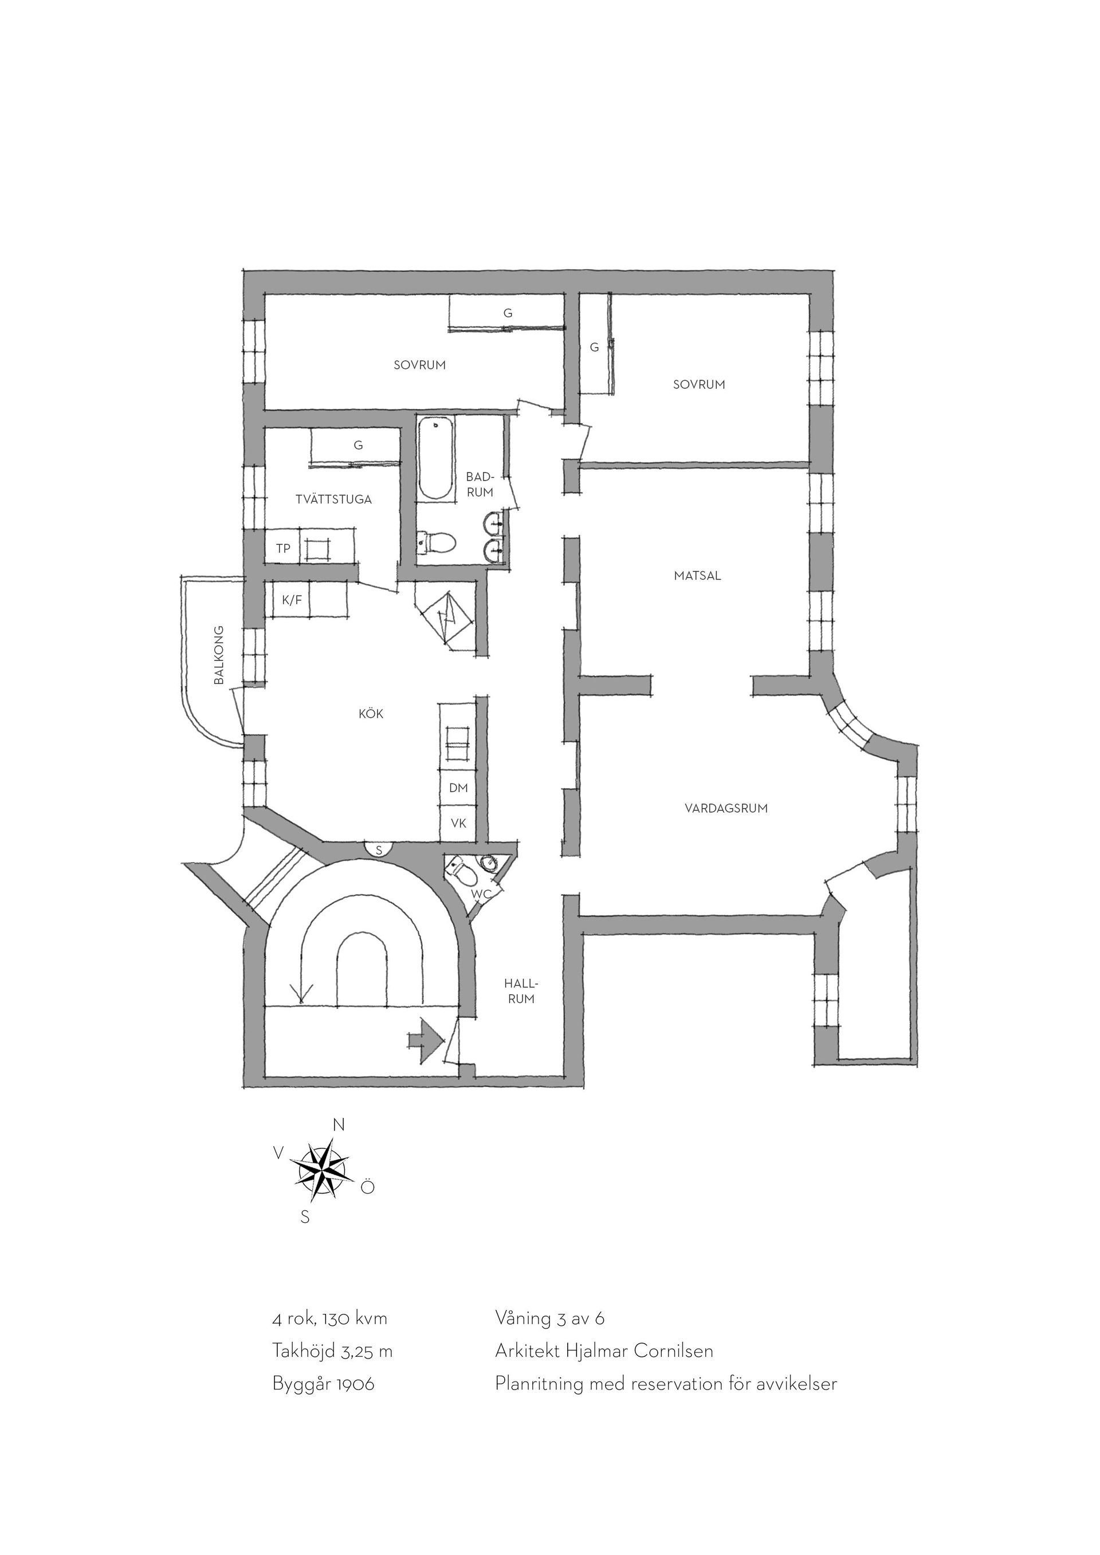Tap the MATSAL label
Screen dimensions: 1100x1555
[698, 576]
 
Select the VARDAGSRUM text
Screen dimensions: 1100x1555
[726, 808]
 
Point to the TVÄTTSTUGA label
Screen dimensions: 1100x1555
[334, 500]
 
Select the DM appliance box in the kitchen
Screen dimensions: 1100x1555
[458, 788]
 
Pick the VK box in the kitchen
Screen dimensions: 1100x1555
[458, 824]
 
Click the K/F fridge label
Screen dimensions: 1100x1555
[292, 600]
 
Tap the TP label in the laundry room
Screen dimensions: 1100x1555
[284, 549]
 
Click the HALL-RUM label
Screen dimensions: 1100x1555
[520, 991]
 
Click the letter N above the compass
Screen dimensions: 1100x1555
[339, 1125]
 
